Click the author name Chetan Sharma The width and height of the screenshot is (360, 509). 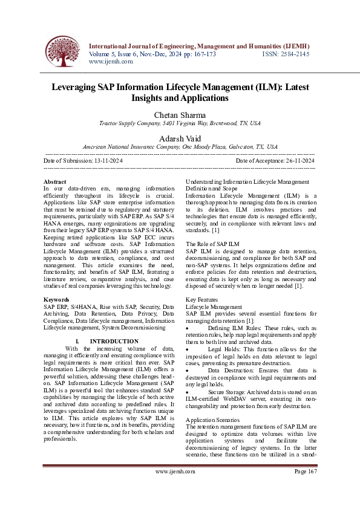coord(180,115)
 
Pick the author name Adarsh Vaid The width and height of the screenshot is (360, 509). coord(180,138)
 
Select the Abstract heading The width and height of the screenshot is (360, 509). coord(56,181)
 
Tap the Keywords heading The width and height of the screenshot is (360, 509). coord(58,300)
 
